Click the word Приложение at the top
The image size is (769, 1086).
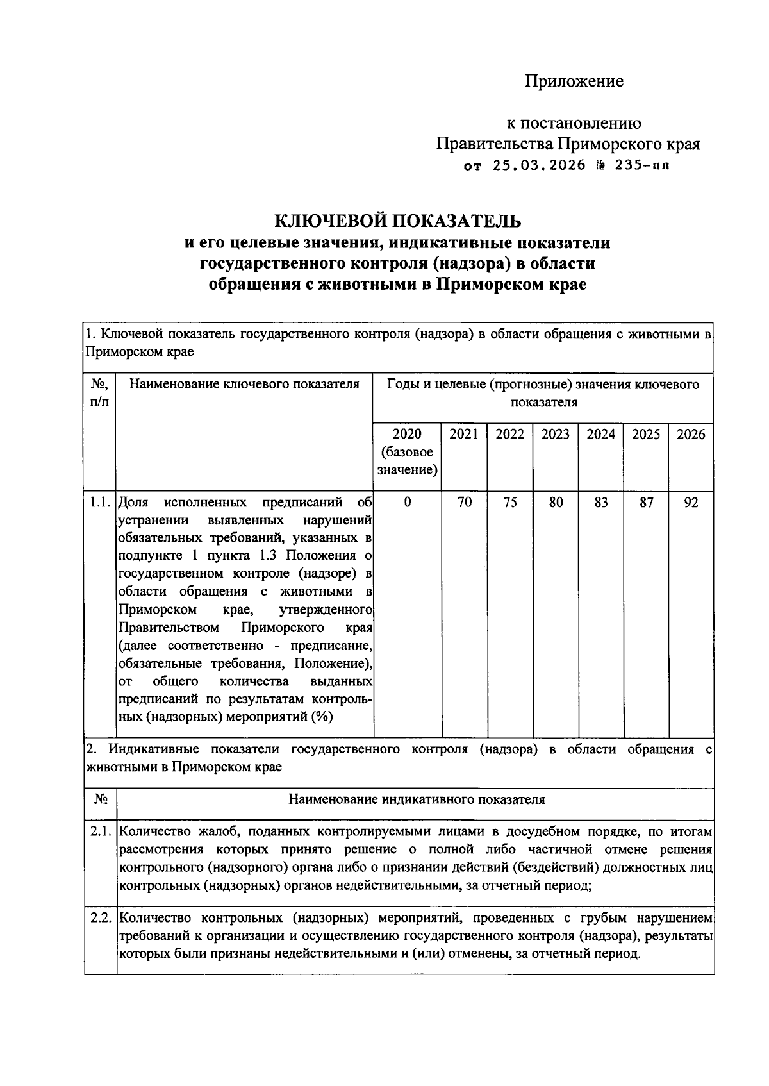click(x=574, y=81)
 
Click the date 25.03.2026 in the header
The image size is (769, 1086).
click(x=539, y=165)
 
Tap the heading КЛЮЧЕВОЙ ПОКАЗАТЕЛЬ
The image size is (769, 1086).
click(x=398, y=221)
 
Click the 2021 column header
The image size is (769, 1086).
click(x=463, y=435)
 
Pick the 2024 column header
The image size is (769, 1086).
click(x=600, y=435)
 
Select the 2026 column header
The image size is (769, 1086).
click(x=691, y=435)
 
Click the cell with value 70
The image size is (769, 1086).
click(x=464, y=503)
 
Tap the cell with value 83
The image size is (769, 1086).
click(x=600, y=503)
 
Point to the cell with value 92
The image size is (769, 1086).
click(x=691, y=503)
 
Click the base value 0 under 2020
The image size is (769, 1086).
click(x=408, y=503)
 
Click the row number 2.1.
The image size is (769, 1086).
click(x=101, y=832)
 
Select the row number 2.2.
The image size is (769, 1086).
click(x=101, y=917)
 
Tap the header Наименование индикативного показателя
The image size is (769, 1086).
click(x=416, y=799)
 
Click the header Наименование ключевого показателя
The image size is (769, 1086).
click(x=244, y=385)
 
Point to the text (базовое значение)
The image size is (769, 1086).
click(x=408, y=462)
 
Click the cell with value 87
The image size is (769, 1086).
click(x=646, y=503)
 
